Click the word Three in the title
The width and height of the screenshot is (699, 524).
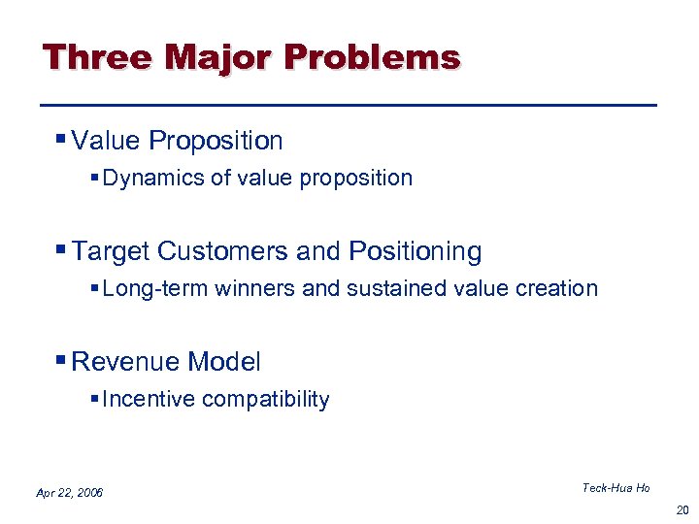point(97,57)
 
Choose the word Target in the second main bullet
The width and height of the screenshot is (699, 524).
point(111,252)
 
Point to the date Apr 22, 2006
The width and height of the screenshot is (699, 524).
point(69,493)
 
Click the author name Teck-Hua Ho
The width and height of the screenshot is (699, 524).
point(616,488)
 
